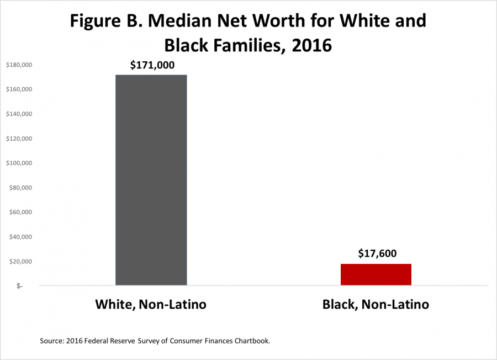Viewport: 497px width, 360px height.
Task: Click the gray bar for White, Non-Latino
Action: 151,180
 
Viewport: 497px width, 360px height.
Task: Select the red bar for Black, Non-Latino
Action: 376,274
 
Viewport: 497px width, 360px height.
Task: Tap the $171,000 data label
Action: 152,65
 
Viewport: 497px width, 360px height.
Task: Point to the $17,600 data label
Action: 377,254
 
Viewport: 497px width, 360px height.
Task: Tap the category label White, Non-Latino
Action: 151,305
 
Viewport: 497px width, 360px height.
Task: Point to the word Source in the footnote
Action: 53,341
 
